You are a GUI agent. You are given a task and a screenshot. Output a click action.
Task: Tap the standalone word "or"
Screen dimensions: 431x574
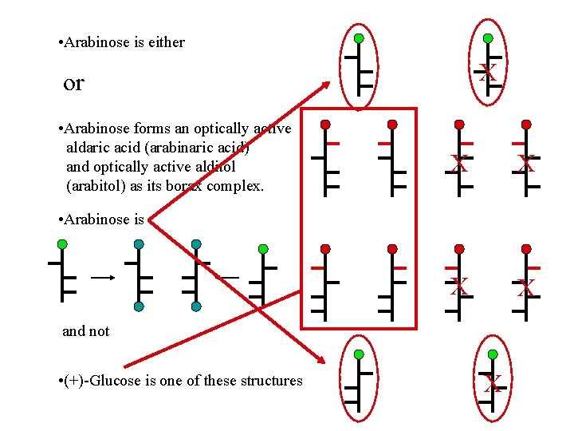click(x=73, y=83)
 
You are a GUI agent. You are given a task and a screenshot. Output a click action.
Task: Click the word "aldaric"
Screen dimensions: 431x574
click(x=90, y=148)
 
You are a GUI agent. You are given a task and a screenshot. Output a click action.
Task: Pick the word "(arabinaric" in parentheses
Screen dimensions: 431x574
click(x=183, y=148)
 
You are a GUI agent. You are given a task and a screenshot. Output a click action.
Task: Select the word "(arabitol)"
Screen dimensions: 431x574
click(x=99, y=186)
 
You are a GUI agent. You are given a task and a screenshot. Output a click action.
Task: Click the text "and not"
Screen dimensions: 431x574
click(x=86, y=331)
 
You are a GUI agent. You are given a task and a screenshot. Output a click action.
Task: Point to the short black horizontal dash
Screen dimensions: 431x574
click(x=229, y=277)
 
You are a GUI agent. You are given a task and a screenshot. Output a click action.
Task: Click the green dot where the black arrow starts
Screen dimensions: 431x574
click(x=62, y=244)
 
